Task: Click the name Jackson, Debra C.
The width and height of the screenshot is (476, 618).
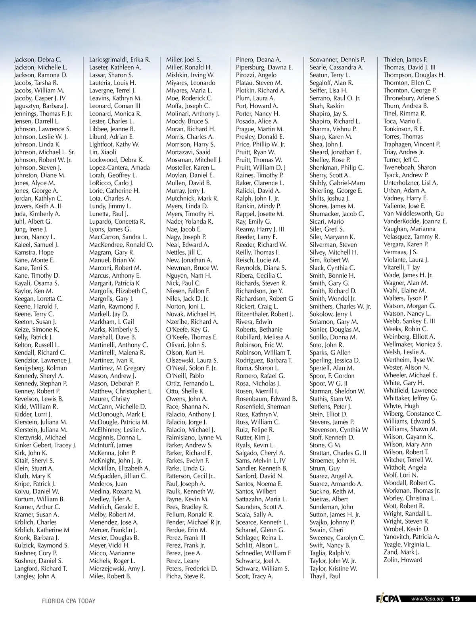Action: point(38,60)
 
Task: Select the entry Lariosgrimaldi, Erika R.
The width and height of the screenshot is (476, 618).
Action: point(119,60)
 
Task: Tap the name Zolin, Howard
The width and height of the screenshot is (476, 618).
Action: point(403,560)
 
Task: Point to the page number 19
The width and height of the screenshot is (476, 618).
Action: point(455,599)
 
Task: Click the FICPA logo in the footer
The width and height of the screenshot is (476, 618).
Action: point(389,599)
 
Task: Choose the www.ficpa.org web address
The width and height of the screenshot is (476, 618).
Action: point(427,599)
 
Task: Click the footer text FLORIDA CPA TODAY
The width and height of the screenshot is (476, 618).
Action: point(69,601)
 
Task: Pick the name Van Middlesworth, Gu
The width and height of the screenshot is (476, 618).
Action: point(413,213)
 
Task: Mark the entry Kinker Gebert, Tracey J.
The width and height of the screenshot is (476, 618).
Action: point(45,445)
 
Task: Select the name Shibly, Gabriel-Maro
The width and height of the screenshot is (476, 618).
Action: point(337,183)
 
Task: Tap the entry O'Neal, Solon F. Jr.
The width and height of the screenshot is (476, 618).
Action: point(191,368)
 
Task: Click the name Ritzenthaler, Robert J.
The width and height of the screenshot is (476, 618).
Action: point(265,314)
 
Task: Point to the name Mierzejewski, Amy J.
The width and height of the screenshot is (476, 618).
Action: point(117,568)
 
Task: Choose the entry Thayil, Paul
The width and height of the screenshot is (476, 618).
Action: point(325,576)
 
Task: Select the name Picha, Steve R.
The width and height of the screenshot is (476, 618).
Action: point(186,576)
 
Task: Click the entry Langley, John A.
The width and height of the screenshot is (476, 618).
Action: point(35,576)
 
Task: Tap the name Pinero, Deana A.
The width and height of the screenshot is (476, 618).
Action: point(258,60)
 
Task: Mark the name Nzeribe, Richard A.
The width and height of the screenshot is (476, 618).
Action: point(192,322)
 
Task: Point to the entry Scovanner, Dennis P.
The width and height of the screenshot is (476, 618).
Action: point(337,60)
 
